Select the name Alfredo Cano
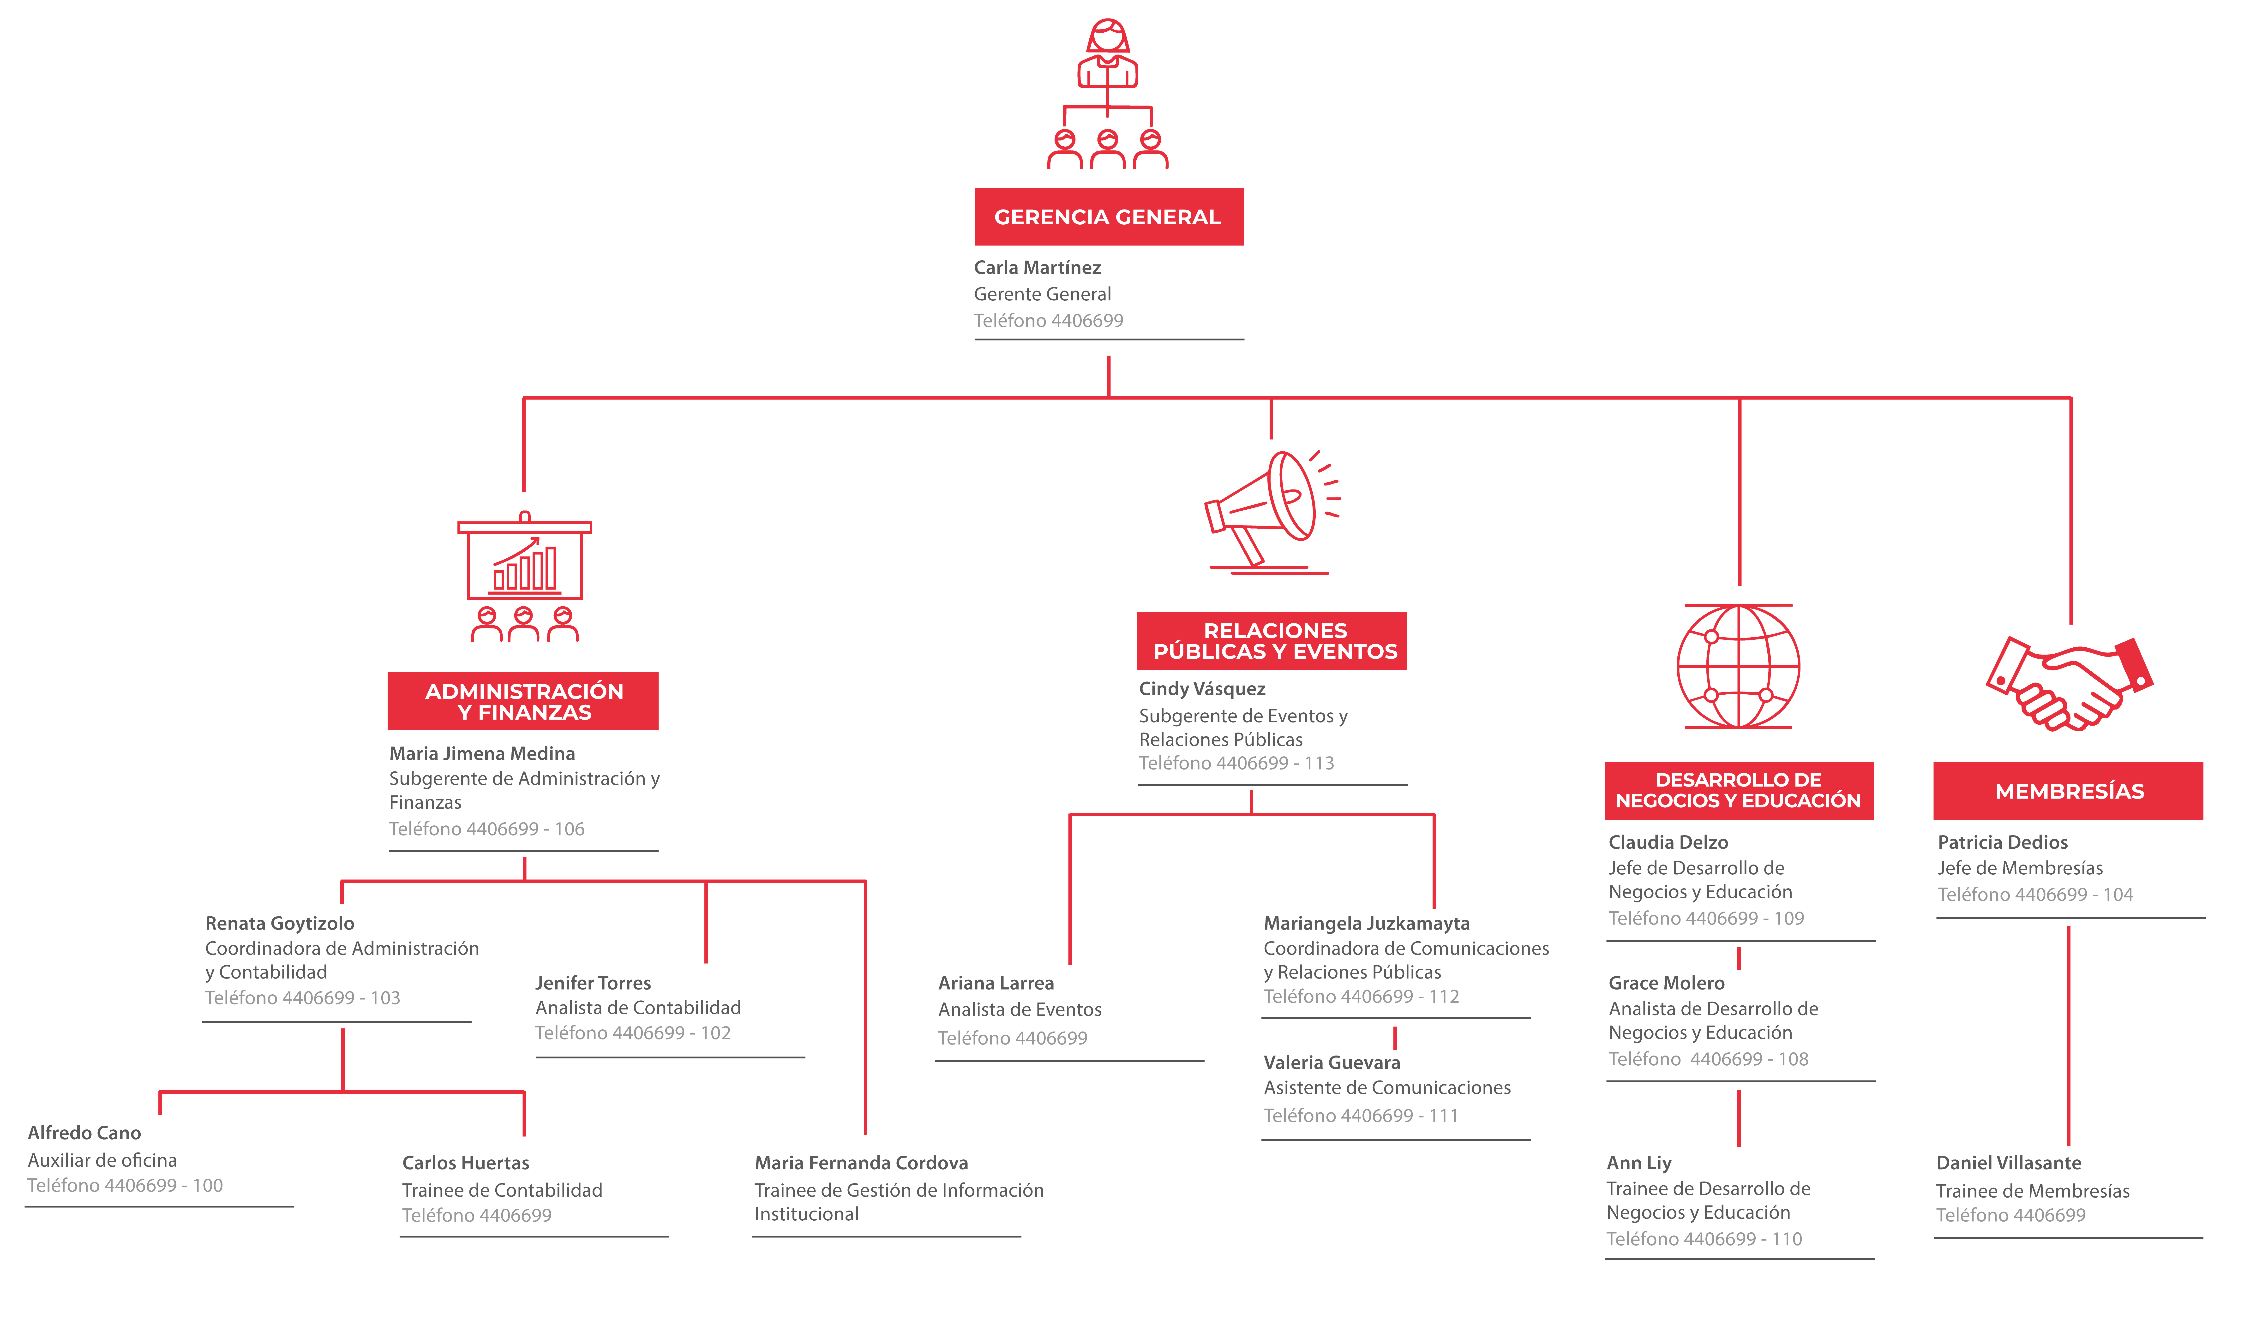tap(84, 1133)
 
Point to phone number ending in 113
tap(1237, 763)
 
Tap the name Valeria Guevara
tap(1332, 1063)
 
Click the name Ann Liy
tap(1639, 1163)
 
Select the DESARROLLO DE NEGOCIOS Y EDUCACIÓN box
tap(1739, 790)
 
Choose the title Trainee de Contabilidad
tap(502, 1190)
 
